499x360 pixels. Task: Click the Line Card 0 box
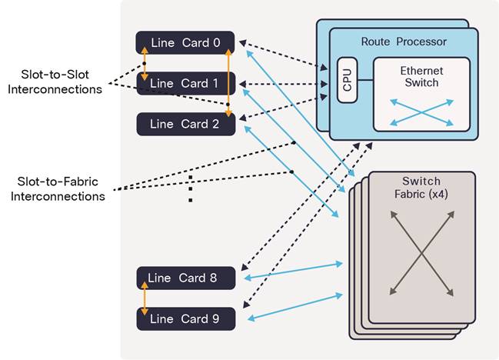185,42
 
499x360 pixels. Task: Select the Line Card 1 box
185,83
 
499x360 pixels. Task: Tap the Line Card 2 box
185,124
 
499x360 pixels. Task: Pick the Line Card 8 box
185,278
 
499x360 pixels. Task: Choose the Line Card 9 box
185,318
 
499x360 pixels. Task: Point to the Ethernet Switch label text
421,76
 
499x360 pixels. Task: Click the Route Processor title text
404,41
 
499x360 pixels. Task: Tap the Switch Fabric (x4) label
421,188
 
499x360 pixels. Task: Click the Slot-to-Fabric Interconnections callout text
61,188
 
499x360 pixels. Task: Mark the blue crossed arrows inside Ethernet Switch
421,112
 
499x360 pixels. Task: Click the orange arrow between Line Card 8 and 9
144,298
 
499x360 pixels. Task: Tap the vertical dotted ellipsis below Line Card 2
191,189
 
